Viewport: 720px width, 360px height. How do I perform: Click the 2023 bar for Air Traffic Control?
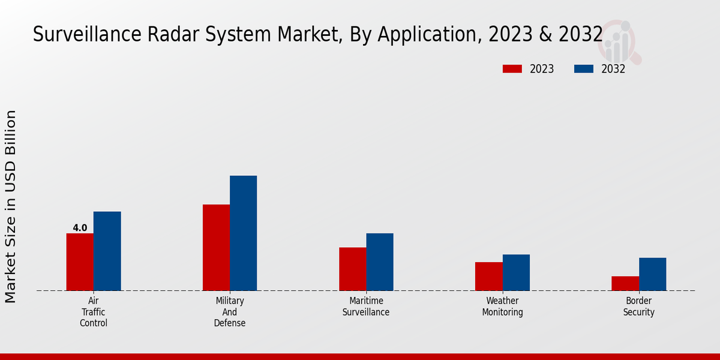pyautogui.click(x=80, y=262)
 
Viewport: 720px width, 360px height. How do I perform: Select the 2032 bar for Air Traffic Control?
pyautogui.click(x=107, y=251)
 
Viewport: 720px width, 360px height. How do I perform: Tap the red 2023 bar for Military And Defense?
pyautogui.click(x=216, y=247)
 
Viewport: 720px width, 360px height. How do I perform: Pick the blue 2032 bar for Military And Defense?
pyautogui.click(x=243, y=233)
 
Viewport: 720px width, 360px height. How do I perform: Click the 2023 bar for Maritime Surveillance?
pyautogui.click(x=352, y=269)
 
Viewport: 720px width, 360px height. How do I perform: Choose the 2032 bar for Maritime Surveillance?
pyautogui.click(x=380, y=262)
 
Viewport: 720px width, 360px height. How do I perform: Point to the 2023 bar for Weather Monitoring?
pyautogui.click(x=488, y=276)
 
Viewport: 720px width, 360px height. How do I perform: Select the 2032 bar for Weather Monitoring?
pyautogui.click(x=516, y=272)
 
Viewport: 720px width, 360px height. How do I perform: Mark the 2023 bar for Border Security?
pyautogui.click(x=625, y=283)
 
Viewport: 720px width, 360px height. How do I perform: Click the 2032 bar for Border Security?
pyautogui.click(x=652, y=274)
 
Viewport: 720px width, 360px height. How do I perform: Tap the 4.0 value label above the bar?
pyautogui.click(x=80, y=228)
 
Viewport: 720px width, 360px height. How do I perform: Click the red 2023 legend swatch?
pyautogui.click(x=512, y=69)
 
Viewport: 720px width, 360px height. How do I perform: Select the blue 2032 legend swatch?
pyautogui.click(x=583, y=69)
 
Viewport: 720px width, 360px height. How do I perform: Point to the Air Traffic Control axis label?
pyautogui.click(x=93, y=312)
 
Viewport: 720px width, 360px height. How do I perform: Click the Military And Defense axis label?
pyautogui.click(x=230, y=312)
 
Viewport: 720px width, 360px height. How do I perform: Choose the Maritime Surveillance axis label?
pyautogui.click(x=366, y=307)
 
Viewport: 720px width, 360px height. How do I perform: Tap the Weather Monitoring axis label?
pyautogui.click(x=503, y=307)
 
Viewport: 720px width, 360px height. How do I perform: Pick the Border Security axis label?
pyautogui.click(x=638, y=307)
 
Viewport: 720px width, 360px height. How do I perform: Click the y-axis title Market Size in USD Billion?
pyautogui.click(x=11, y=206)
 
